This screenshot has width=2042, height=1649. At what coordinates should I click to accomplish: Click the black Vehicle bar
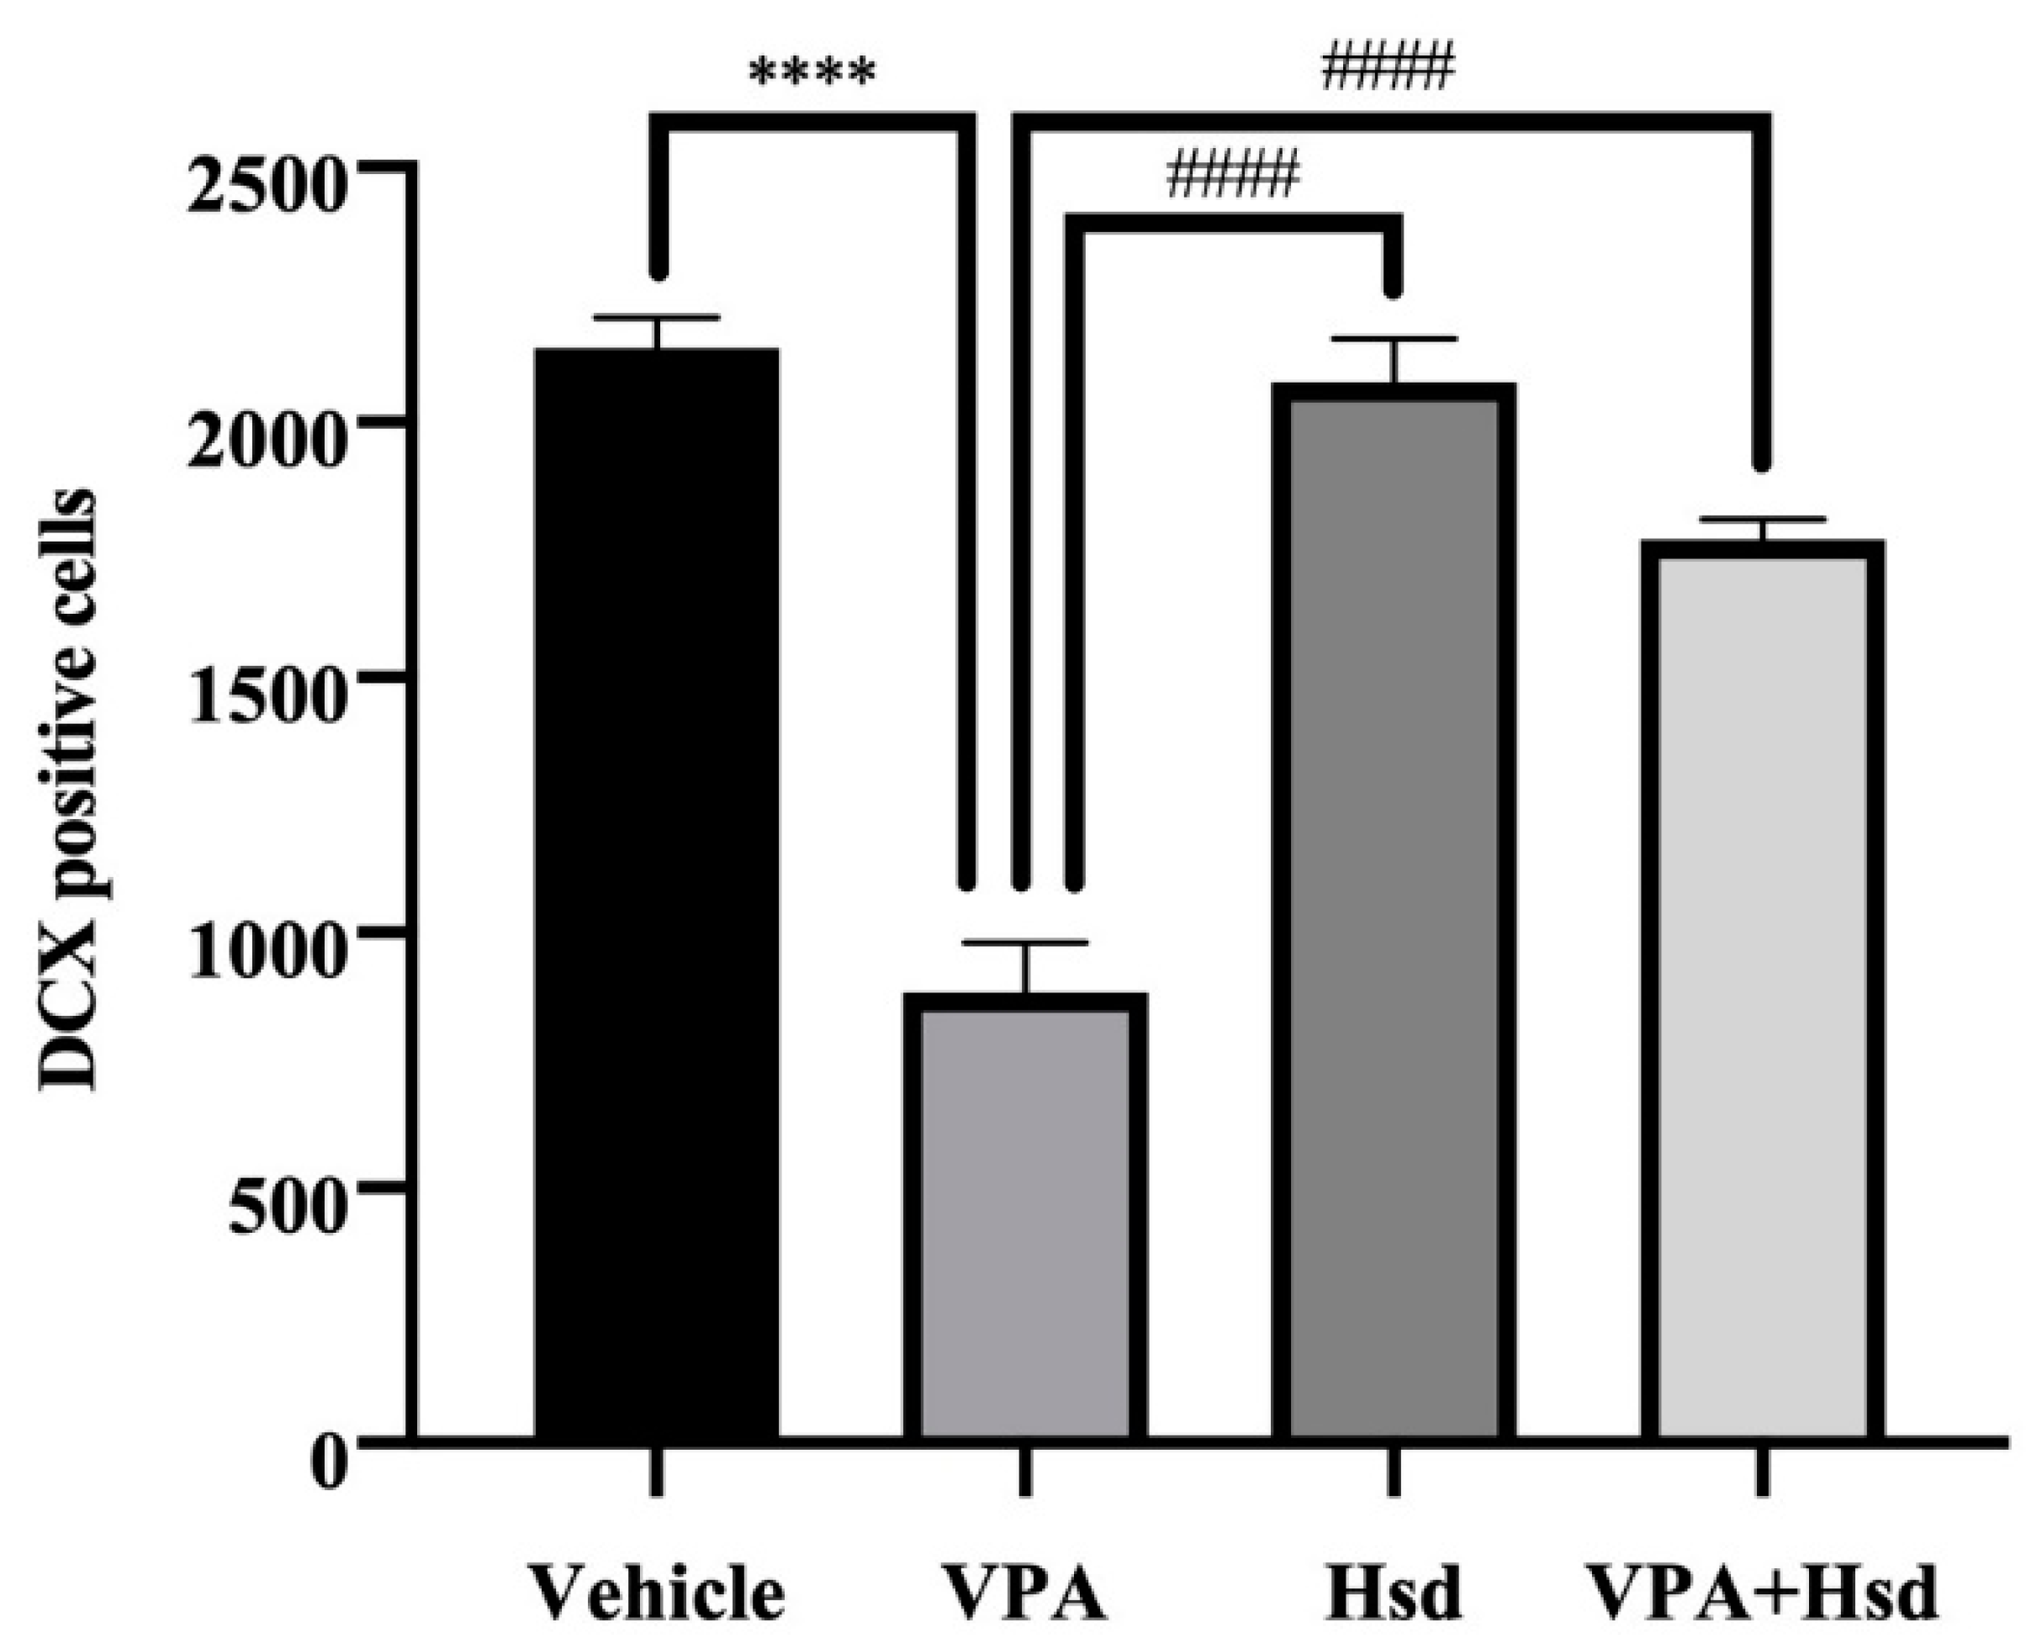coord(657,893)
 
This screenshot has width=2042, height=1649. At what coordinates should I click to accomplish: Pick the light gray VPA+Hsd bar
coord(1763,997)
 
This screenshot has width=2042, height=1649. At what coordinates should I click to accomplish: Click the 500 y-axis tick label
coord(285,1208)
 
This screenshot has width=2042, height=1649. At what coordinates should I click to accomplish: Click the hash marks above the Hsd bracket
coord(1233,177)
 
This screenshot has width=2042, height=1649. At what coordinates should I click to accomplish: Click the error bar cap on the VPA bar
coord(1026,943)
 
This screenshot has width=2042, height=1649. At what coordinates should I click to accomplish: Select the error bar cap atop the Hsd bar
coord(1394,339)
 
